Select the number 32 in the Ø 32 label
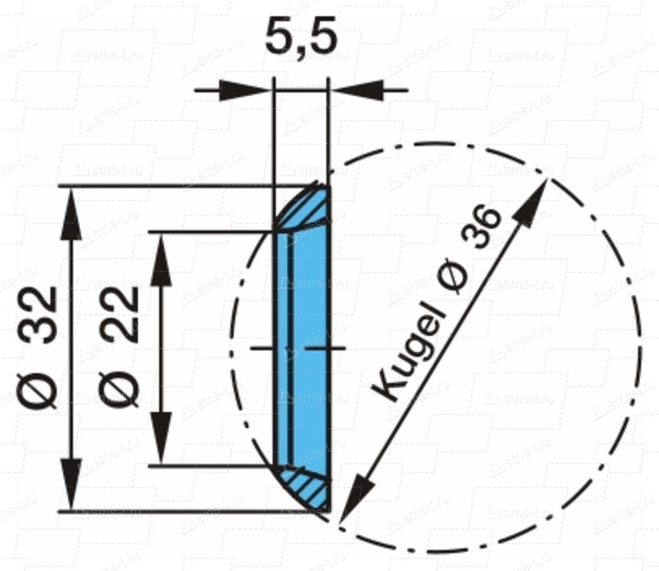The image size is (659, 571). click(41, 314)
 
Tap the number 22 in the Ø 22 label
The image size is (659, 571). click(118, 314)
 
